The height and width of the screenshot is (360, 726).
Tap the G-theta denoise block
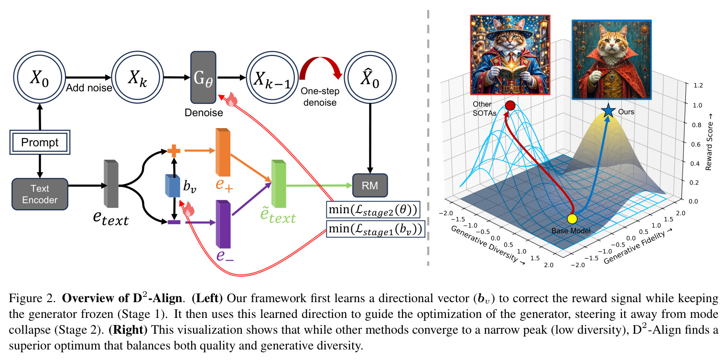click(203, 77)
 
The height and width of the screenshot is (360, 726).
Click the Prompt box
click(40, 142)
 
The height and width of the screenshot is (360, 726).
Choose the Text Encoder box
click(40, 194)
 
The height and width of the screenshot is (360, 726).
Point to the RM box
click(370, 185)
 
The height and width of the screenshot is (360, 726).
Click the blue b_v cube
click(173, 186)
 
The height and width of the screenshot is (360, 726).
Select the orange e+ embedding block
click(223, 152)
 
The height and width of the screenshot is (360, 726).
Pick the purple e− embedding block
click(223, 224)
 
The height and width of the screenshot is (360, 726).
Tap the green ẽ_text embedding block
click(279, 184)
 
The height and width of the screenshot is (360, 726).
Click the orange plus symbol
click(174, 151)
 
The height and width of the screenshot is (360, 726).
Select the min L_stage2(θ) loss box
click(373, 209)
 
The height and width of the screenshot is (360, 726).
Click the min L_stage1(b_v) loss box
click(376, 229)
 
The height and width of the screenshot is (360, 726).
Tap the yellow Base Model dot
click(573, 219)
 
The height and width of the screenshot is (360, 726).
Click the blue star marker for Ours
click(608, 111)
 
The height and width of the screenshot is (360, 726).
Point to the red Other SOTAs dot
click(510, 105)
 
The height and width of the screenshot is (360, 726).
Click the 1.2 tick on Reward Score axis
click(698, 85)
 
